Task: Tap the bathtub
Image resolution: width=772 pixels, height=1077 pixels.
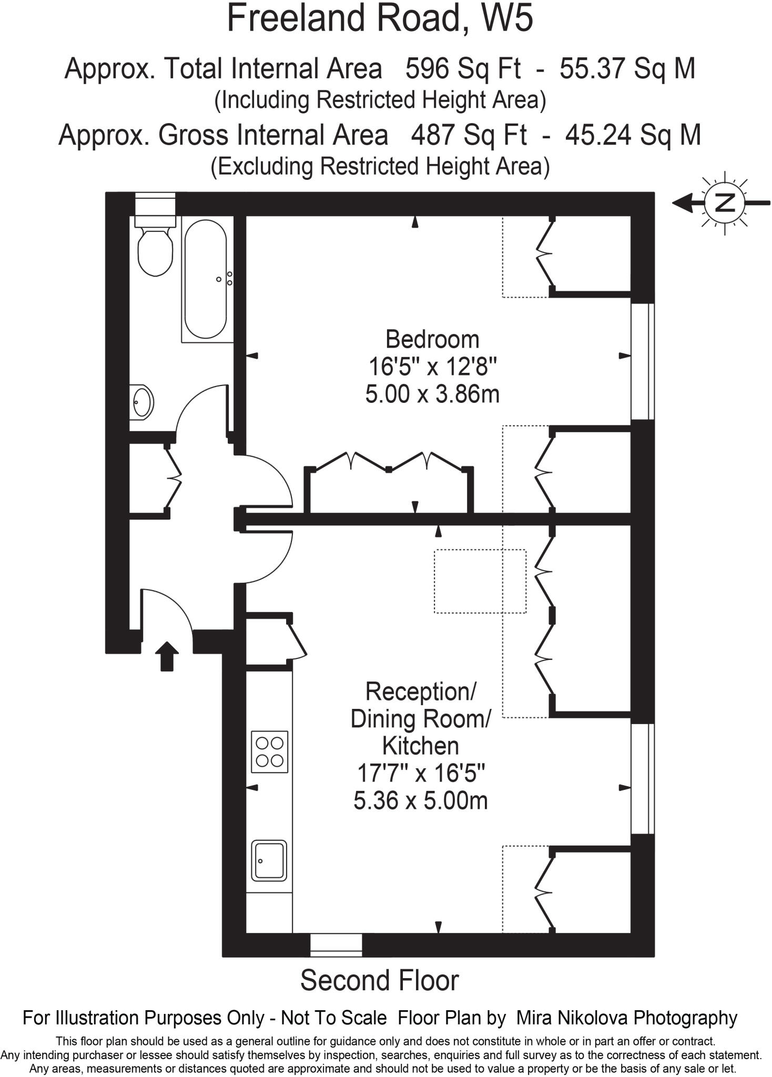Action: coord(206,279)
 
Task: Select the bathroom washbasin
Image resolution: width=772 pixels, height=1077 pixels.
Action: coord(141,402)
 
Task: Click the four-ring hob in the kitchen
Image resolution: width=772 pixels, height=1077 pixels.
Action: coord(270,752)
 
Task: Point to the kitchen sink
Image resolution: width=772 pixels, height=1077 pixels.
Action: coord(269,860)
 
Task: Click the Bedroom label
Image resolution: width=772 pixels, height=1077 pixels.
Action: coord(432,339)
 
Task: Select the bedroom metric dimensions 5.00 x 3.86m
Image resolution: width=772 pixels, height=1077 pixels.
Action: coord(432,394)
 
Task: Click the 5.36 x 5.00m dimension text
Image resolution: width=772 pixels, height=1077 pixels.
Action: coord(420,801)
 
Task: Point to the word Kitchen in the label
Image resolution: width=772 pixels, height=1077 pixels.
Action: coord(420,746)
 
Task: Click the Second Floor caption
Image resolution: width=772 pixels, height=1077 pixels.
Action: coord(379,980)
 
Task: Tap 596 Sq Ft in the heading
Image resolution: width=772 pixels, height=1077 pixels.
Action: coord(463,69)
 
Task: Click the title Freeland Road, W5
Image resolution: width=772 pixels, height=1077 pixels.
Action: coord(380,18)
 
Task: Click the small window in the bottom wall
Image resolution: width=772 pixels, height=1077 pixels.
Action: coord(336,945)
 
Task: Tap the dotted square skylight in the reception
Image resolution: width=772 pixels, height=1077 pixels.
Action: coord(480,581)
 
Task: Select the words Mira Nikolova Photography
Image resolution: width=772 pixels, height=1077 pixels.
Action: coord(626,1018)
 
